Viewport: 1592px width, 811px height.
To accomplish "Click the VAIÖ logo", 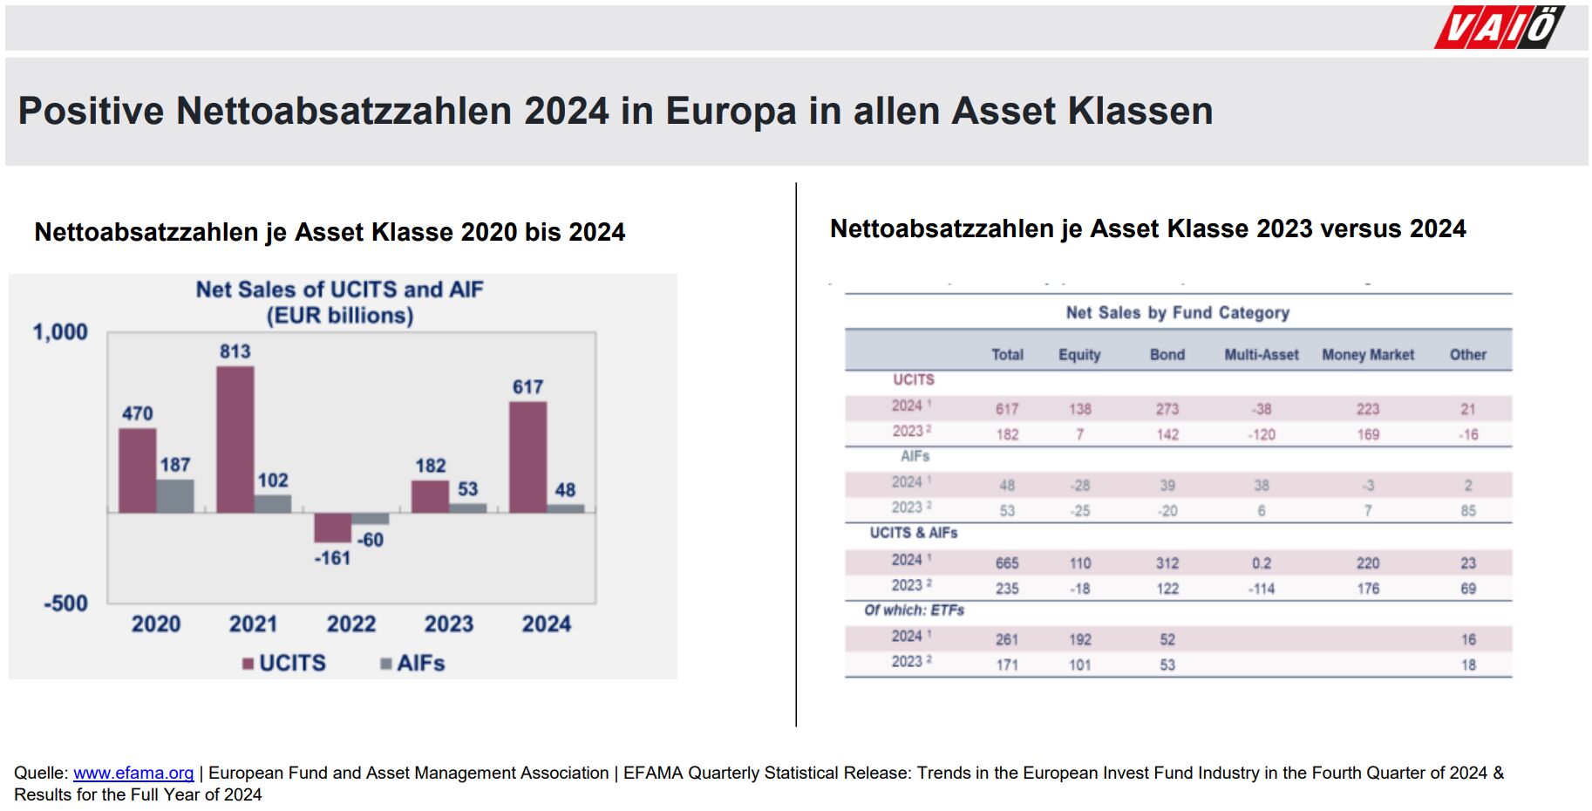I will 1500,27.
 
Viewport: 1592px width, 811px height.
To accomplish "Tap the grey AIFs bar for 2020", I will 175,495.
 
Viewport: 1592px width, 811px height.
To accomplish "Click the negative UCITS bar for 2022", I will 332,527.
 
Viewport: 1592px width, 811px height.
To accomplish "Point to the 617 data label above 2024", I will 527,386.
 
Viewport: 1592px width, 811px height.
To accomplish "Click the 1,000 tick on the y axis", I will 60,332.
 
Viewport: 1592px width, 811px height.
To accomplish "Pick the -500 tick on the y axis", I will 65,603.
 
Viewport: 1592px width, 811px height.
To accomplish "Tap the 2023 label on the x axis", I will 448,624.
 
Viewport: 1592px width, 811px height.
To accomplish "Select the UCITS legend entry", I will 284,664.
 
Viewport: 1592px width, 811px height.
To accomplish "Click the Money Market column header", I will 1367,355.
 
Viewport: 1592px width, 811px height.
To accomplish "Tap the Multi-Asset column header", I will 1261,355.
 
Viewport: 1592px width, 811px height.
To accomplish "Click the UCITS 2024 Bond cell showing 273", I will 1167,409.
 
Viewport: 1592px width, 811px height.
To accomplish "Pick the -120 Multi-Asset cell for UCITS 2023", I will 1261,434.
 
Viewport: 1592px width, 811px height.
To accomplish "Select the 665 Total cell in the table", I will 1007,563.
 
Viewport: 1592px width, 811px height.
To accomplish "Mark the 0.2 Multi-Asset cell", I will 1261,563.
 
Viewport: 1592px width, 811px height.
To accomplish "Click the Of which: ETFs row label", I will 914,610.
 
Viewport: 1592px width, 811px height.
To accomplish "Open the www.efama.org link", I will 133,773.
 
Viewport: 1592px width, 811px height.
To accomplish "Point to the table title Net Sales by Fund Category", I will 1177,313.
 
